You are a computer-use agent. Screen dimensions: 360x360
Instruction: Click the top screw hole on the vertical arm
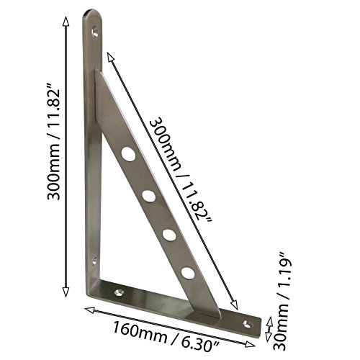tap(95, 32)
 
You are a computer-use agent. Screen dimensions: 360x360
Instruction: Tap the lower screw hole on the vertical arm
tap(94, 261)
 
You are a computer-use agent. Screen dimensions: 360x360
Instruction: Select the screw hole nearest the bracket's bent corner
tap(119, 292)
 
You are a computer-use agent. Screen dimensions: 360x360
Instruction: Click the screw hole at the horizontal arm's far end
tap(248, 324)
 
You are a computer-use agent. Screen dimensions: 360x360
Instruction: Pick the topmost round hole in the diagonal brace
tap(128, 153)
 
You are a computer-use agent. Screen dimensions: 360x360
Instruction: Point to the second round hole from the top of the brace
tap(148, 196)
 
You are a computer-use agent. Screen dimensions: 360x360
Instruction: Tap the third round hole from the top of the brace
tap(169, 235)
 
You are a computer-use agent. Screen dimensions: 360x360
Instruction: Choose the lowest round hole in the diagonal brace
tap(188, 273)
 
